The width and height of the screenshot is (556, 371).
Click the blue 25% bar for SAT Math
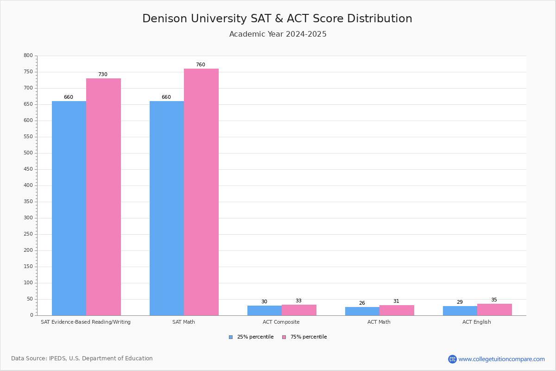click(x=167, y=208)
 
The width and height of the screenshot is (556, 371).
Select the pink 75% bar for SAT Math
click(x=201, y=192)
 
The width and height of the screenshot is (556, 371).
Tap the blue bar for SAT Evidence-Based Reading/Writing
click(x=69, y=208)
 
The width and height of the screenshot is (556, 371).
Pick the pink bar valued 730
click(x=103, y=197)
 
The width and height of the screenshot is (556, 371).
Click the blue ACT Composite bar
click(x=265, y=310)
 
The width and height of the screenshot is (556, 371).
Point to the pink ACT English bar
click(x=494, y=309)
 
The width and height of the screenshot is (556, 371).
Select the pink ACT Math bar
click(x=397, y=310)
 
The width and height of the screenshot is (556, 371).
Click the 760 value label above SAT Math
click(x=200, y=65)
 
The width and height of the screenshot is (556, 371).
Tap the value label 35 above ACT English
click(x=494, y=300)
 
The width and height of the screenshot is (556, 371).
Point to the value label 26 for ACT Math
click(x=362, y=303)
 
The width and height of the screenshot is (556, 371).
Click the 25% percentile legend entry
click(x=251, y=337)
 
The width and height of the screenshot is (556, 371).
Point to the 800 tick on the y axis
click(x=28, y=56)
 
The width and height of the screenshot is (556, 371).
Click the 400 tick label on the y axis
click(x=28, y=185)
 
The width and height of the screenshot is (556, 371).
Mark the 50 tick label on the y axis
click(x=30, y=299)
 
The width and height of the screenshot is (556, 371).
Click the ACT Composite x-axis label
click(x=281, y=322)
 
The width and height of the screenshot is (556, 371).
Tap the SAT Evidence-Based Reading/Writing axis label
click(x=86, y=322)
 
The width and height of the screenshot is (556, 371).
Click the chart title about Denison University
click(x=277, y=19)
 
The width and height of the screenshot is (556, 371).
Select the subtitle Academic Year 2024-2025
click(x=278, y=34)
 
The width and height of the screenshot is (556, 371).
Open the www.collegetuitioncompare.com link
click(x=501, y=359)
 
